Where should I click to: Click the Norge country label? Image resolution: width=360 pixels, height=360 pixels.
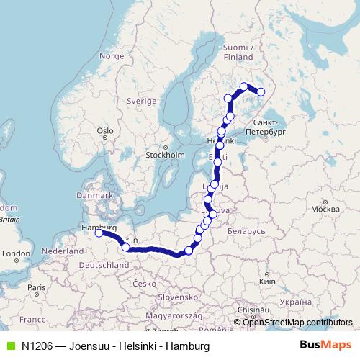coord(112,55)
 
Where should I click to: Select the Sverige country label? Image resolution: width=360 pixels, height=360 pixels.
coord(141,102)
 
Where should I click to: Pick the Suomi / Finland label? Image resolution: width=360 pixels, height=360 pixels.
coord(238,52)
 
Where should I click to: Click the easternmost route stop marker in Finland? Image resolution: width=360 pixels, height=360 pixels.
coord(261,91)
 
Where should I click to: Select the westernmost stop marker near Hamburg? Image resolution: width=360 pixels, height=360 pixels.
coord(99,233)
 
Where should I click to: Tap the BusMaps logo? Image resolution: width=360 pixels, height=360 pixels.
coord(325,346)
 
